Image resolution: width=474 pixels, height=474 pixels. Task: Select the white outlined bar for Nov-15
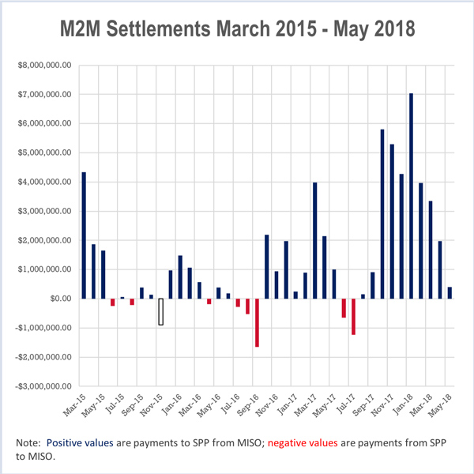(x=161, y=311)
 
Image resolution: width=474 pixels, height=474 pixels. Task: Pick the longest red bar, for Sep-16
(x=257, y=322)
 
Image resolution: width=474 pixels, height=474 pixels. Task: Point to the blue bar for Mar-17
(x=314, y=240)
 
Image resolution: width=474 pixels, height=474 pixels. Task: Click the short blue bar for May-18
(x=450, y=292)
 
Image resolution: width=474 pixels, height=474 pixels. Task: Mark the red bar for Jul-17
(x=353, y=316)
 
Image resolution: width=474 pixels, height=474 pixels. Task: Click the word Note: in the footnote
(x=29, y=443)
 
